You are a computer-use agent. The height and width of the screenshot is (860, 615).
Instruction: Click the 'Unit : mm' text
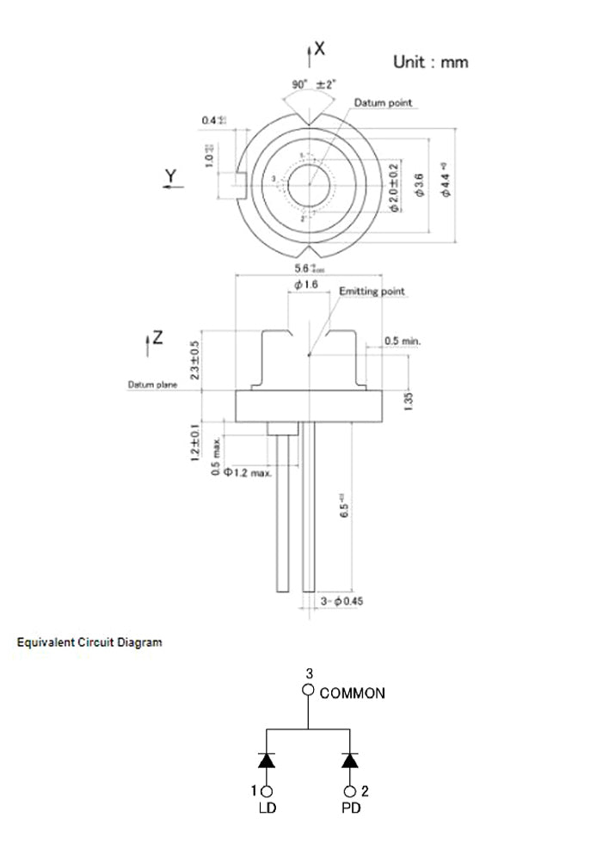(430, 62)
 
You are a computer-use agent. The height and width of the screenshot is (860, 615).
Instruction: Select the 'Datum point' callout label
(383, 103)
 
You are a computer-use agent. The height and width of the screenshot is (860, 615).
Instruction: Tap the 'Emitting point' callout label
(372, 292)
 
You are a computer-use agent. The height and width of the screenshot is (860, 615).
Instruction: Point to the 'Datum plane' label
(153, 384)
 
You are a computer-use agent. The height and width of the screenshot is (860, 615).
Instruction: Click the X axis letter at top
(319, 49)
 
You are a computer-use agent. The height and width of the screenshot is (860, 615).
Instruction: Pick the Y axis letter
(171, 177)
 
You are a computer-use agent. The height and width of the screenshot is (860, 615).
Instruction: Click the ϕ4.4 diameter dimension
(445, 183)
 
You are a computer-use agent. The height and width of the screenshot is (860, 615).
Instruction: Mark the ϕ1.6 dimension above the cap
(306, 285)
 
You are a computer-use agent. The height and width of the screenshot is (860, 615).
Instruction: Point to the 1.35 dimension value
(409, 399)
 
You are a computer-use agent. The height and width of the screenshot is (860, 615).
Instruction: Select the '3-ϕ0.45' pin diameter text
(341, 601)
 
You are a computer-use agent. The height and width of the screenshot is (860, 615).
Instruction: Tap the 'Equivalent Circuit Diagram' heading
(89, 642)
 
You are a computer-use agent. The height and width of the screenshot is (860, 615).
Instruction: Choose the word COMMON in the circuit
(352, 693)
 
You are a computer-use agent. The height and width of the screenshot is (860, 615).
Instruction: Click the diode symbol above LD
(267, 760)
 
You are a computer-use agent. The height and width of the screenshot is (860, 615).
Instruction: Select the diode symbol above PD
(349, 760)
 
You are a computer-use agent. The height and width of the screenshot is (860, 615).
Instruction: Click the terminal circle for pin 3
(308, 690)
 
